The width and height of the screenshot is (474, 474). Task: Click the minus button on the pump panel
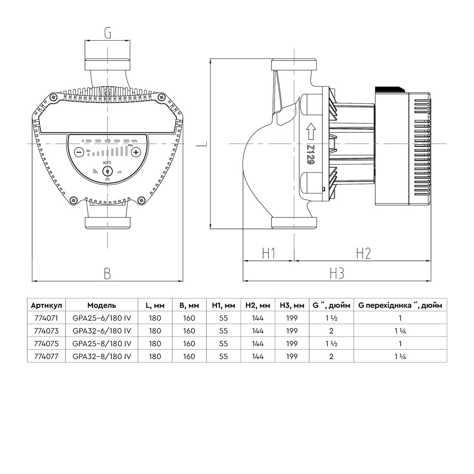[79, 152]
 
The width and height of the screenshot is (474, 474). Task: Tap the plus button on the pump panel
[136, 152]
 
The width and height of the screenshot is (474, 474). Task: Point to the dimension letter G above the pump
[108, 34]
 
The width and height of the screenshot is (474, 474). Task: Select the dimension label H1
[269, 254]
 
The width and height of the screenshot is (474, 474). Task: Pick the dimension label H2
[363, 254]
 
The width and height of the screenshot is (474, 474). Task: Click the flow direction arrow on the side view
[311, 129]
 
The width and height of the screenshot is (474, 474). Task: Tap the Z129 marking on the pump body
[311, 155]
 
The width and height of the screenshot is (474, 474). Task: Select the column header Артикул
[46, 305]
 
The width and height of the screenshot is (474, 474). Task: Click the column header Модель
[101, 305]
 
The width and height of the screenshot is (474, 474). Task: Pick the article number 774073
[46, 331]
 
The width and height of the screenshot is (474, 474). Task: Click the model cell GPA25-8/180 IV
[101, 343]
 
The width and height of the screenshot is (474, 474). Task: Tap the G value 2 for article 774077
[331, 356]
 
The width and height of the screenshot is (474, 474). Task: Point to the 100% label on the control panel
[135, 141]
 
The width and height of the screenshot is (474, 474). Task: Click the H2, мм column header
[258, 305]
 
